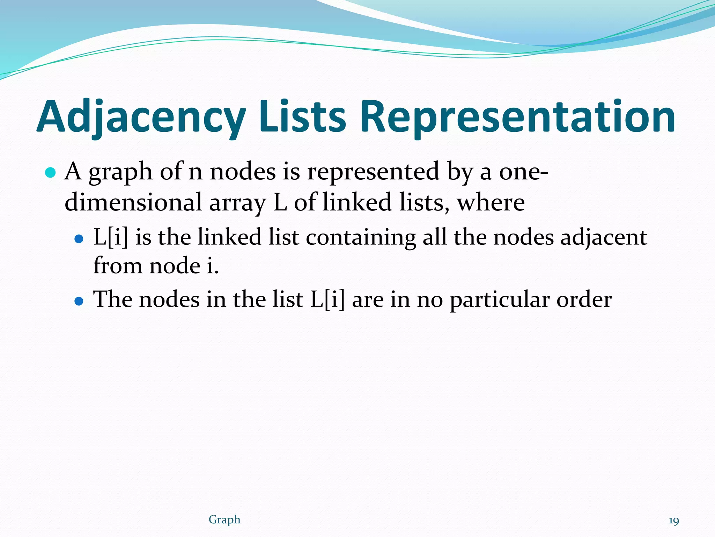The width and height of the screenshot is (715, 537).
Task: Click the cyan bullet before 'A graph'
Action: click(x=51, y=172)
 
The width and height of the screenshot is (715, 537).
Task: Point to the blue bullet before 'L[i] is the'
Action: click(x=79, y=239)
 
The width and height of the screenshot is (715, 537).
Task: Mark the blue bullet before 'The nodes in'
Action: click(x=79, y=301)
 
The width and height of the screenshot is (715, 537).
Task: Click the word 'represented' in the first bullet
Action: click(x=373, y=172)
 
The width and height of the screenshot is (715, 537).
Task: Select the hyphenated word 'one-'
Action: click(x=523, y=172)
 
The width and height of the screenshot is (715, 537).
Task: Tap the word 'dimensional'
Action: click(x=133, y=202)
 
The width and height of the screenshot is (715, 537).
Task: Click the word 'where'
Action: click(x=491, y=202)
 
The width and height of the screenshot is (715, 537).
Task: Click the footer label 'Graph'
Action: click(x=224, y=520)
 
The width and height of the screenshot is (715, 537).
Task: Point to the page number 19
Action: click(x=674, y=521)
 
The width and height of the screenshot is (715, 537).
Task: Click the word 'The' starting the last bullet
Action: click(x=113, y=299)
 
